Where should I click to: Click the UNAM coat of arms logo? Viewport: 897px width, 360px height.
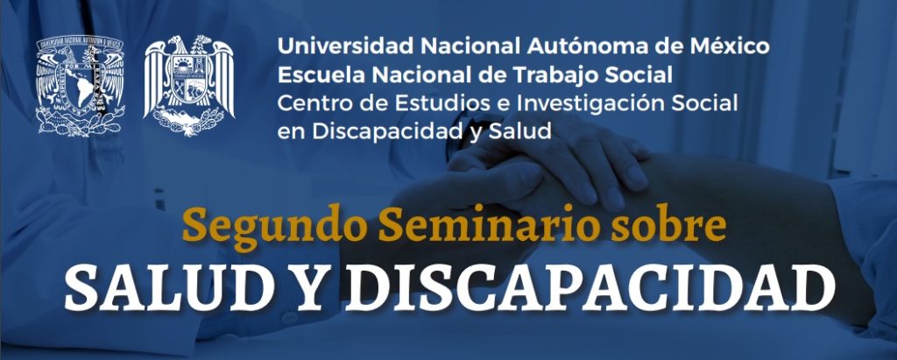pos(80,85)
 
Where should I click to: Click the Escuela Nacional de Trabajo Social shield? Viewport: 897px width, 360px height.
pos(189,85)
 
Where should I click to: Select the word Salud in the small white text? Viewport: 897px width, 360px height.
pos(520,131)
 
